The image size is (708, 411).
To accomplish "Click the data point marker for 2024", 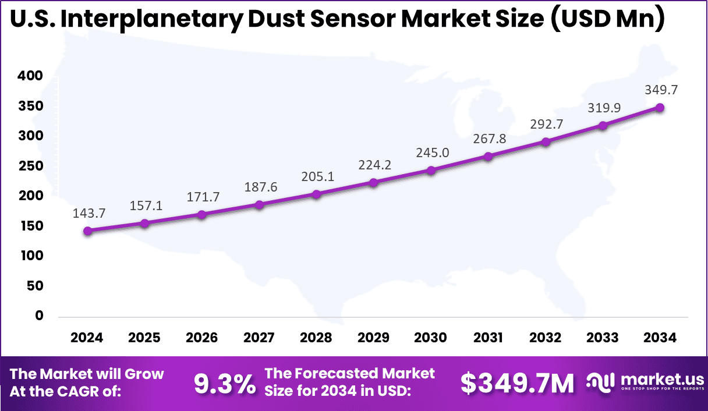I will coord(88,231).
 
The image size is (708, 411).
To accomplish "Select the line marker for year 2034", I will coord(660,108).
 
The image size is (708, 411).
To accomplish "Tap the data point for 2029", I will coord(374,182).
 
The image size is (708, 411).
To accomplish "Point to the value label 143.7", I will coord(88,213).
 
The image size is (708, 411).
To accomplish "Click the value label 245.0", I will coord(431,153).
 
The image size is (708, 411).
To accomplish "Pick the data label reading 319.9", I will coord(603,108).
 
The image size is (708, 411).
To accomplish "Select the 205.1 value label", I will coord(317,176).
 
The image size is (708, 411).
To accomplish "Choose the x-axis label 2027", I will coord(259,338).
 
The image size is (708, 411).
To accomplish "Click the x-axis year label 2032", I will coord(546,338).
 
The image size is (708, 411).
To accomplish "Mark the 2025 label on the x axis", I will coord(144,338).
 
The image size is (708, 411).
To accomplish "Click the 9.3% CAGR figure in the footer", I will coord(224,383).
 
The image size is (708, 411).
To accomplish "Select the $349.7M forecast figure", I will coord(517,383).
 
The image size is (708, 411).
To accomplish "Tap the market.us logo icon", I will coord(601,382).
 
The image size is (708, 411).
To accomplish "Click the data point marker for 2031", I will coord(488,156).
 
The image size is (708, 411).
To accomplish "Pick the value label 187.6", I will coord(259,187).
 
